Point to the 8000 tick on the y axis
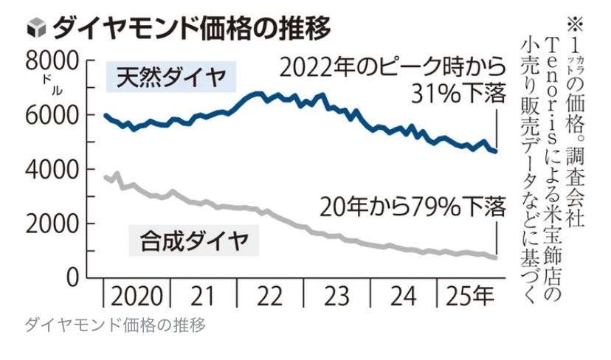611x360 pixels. pyautogui.click(x=58, y=60)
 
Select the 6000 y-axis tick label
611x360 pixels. pyautogui.click(x=58, y=115)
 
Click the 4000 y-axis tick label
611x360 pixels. pyautogui.click(x=58, y=170)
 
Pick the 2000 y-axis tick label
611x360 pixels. pyautogui.click(x=58, y=224)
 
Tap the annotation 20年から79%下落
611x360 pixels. pyautogui.click(x=412, y=207)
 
